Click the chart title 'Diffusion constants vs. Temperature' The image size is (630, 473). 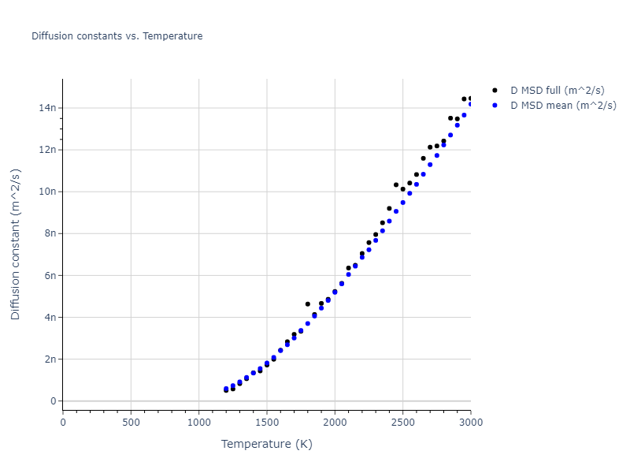(x=117, y=36)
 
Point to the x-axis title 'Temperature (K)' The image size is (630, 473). (x=266, y=445)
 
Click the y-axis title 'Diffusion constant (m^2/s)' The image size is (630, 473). (x=16, y=244)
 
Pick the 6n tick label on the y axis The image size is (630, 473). (x=50, y=275)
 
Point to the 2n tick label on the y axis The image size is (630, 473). (x=50, y=359)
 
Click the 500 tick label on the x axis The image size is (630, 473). (x=131, y=423)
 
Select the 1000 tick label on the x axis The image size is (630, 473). (x=198, y=423)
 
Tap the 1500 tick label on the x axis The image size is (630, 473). (x=267, y=423)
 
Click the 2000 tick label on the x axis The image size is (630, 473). (x=335, y=423)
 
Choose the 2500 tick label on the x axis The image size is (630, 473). (x=402, y=423)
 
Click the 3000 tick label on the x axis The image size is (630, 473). (x=470, y=423)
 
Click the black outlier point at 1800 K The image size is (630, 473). (x=308, y=304)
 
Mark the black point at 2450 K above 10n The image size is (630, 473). (x=396, y=185)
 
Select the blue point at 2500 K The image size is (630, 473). (x=402, y=203)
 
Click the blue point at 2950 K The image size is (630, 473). (x=464, y=115)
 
